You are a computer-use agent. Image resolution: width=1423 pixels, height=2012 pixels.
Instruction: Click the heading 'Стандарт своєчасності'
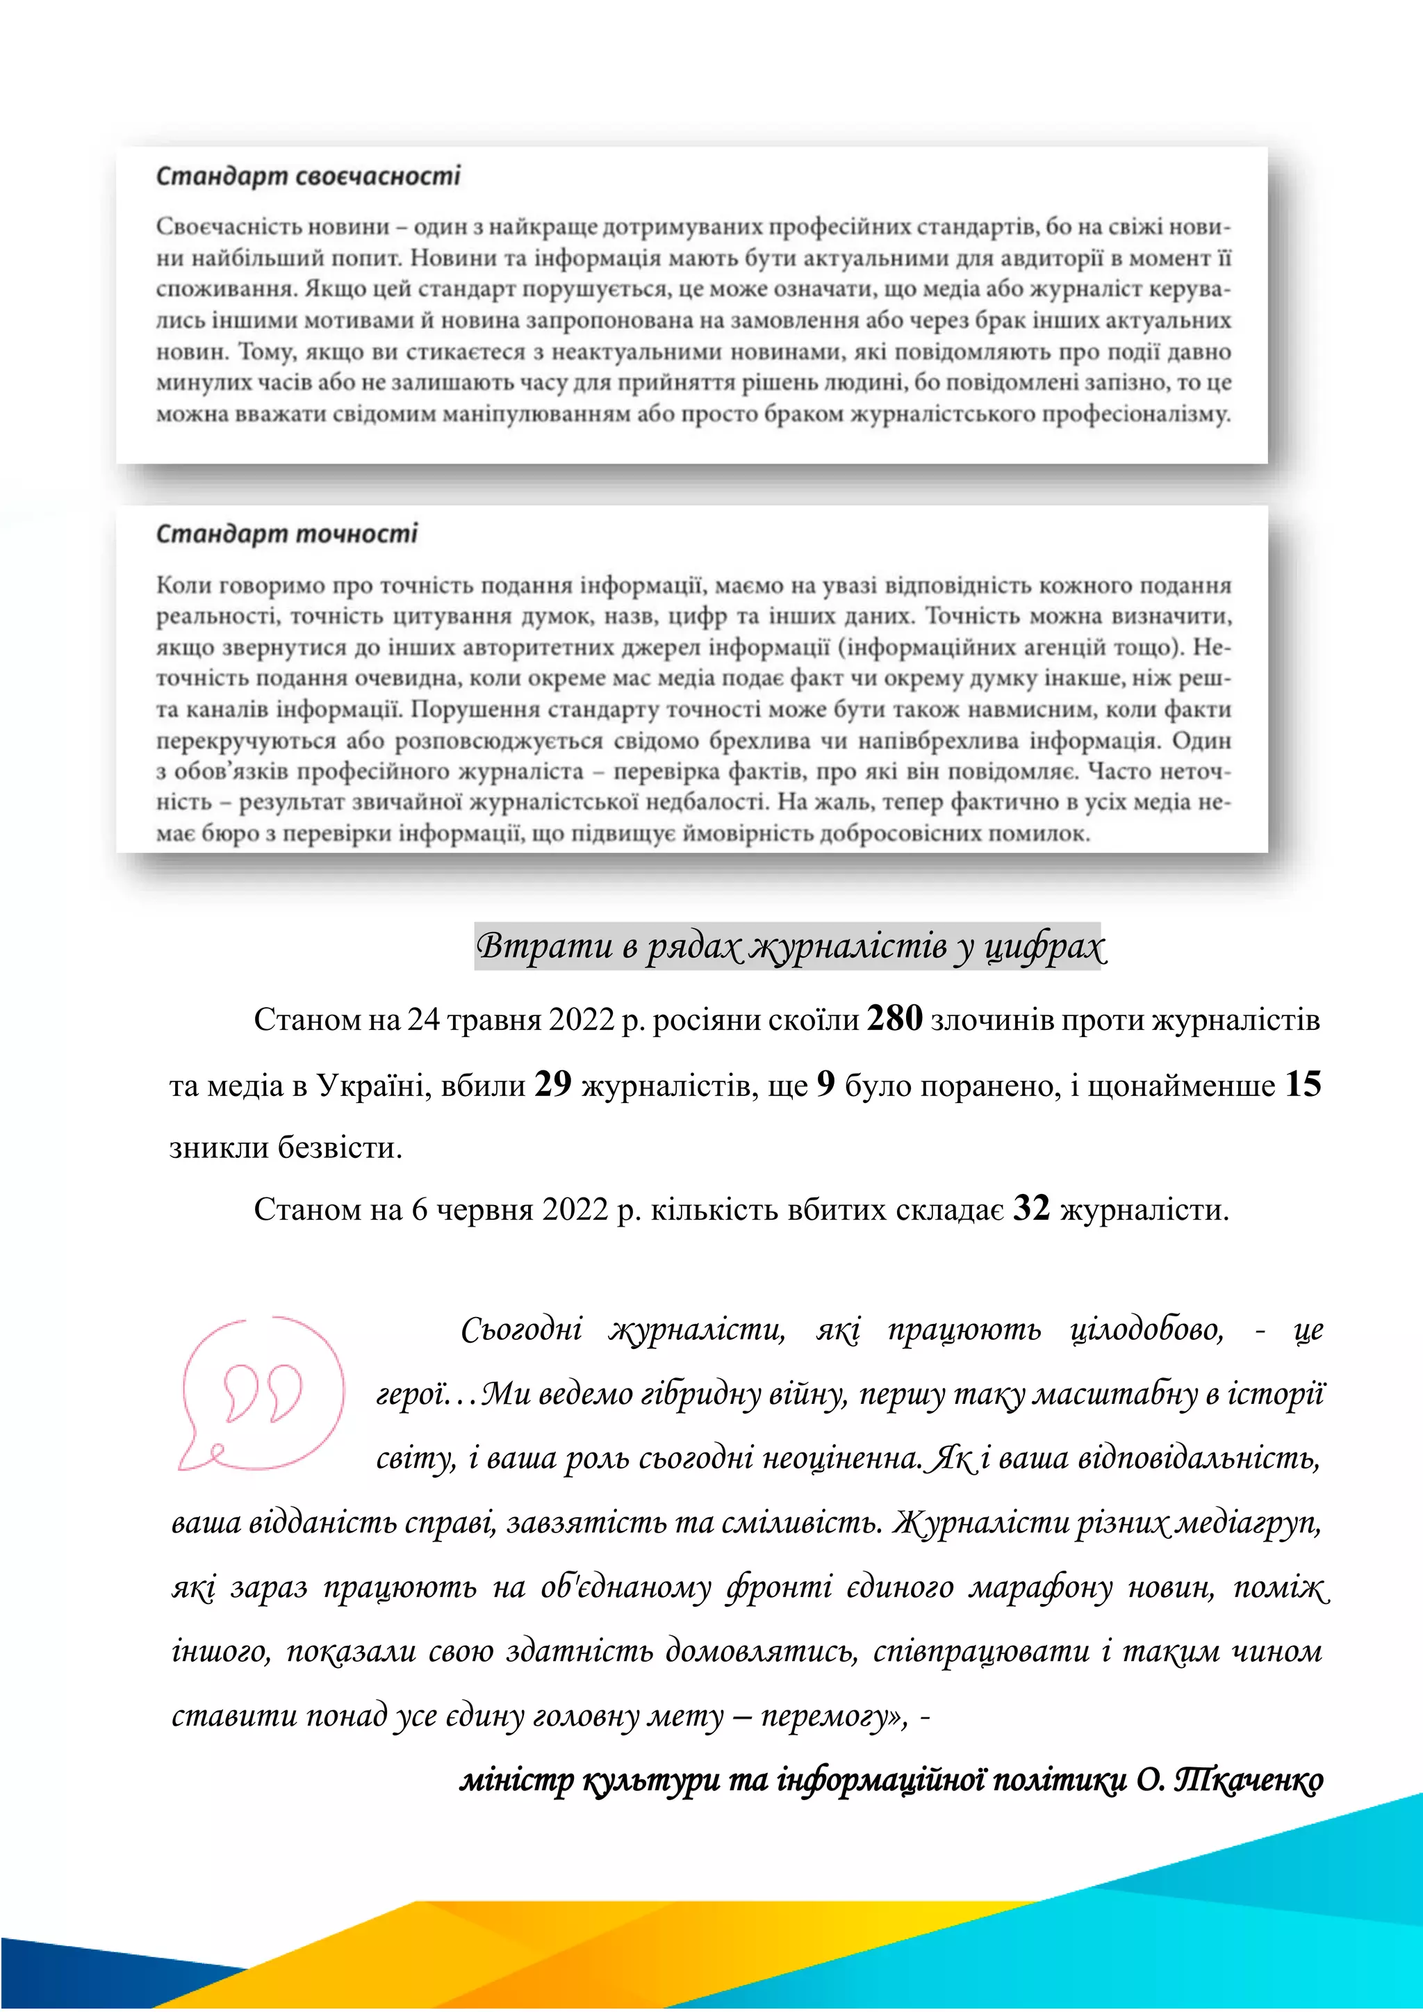click(x=308, y=176)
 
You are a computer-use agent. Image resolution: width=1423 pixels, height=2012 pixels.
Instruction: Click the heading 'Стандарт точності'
click(x=286, y=534)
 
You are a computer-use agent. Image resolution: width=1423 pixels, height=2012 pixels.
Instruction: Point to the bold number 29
click(x=553, y=1085)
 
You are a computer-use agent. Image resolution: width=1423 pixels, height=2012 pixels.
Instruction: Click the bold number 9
click(x=825, y=1085)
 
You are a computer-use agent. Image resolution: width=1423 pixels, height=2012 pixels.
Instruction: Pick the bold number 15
click(x=1303, y=1085)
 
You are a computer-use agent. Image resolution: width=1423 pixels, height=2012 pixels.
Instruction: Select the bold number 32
click(x=1031, y=1209)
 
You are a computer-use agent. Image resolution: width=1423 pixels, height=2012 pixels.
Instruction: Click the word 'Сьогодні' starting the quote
click(x=521, y=1330)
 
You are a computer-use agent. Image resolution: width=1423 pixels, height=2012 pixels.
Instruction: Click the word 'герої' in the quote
click(x=412, y=1394)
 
